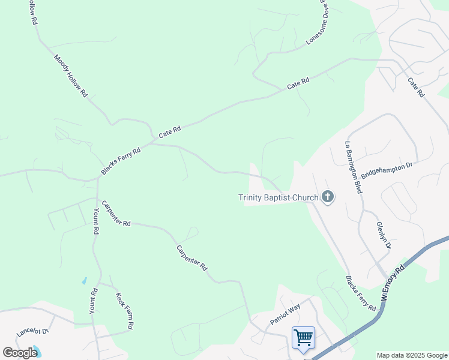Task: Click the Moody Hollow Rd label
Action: tap(71, 76)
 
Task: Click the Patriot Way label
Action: tap(285, 314)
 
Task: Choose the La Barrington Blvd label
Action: tap(353, 167)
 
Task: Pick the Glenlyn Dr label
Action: tap(384, 235)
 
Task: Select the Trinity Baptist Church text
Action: tap(278, 197)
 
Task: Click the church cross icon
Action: tap(328, 197)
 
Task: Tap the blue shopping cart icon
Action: tap(303, 337)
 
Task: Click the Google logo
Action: tap(20, 352)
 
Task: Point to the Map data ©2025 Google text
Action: tap(412, 355)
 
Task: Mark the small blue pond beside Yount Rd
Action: tap(84, 280)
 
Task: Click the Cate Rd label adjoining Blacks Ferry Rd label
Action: tap(170, 131)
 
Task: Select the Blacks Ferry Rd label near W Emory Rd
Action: tap(360, 293)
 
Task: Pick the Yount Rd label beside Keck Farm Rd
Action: tap(93, 302)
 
